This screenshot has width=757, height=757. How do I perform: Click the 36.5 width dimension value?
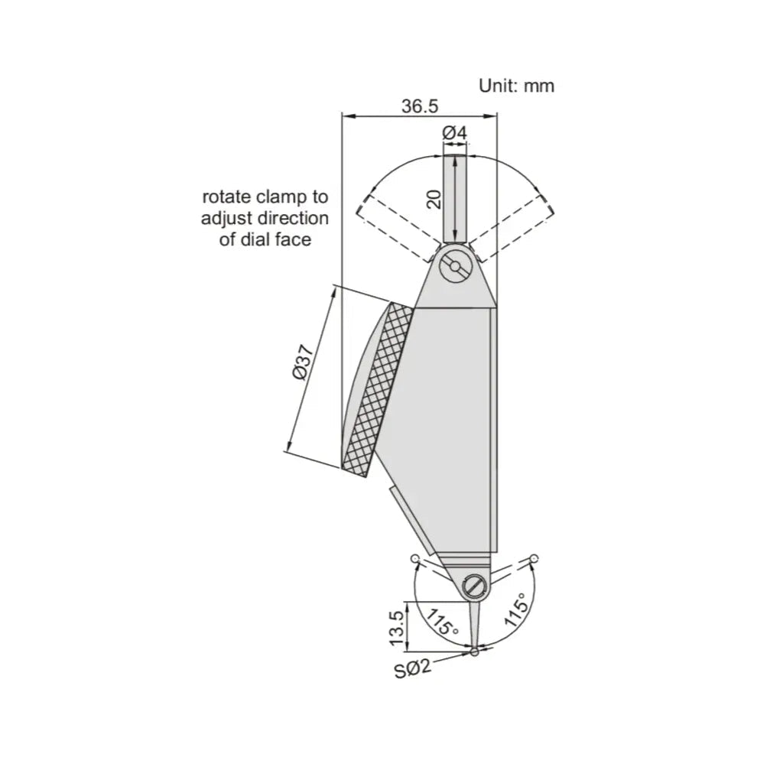[x=420, y=106]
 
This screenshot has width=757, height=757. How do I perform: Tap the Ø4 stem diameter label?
[x=455, y=133]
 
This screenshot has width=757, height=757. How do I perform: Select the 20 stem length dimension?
[x=435, y=199]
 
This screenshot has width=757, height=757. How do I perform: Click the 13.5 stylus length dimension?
[x=396, y=628]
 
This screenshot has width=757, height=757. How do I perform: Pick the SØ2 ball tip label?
[x=412, y=668]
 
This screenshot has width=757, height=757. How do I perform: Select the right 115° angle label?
[x=515, y=610]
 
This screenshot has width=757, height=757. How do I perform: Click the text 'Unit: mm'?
[x=516, y=86]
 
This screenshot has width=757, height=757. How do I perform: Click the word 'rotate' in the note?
[x=227, y=197]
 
